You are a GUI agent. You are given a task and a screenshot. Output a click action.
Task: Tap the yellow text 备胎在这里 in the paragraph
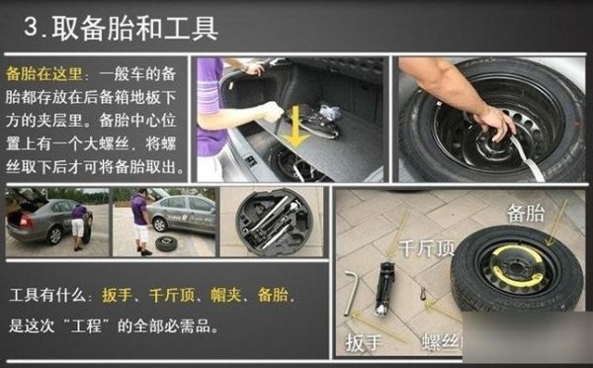click(45, 74)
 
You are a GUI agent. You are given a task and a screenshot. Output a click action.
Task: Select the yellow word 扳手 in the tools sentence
click(117, 296)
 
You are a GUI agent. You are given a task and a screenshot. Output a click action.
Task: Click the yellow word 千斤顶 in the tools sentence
click(169, 296)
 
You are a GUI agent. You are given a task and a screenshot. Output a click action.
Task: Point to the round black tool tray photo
click(271, 223)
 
